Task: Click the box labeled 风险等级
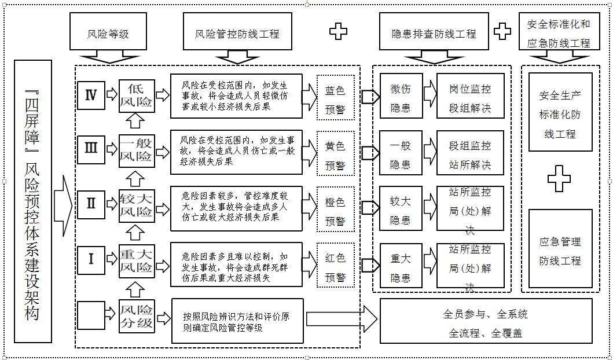108,34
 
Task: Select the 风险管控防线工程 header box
237,34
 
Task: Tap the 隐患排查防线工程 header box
434,34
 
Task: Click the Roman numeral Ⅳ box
91,95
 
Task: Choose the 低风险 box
137,95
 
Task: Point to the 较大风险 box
137,205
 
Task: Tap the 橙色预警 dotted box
335,211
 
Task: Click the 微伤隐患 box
401,95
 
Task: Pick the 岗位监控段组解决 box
470,95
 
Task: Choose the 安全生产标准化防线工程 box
560,112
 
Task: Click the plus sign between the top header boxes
338,31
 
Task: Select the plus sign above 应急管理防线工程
559,179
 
